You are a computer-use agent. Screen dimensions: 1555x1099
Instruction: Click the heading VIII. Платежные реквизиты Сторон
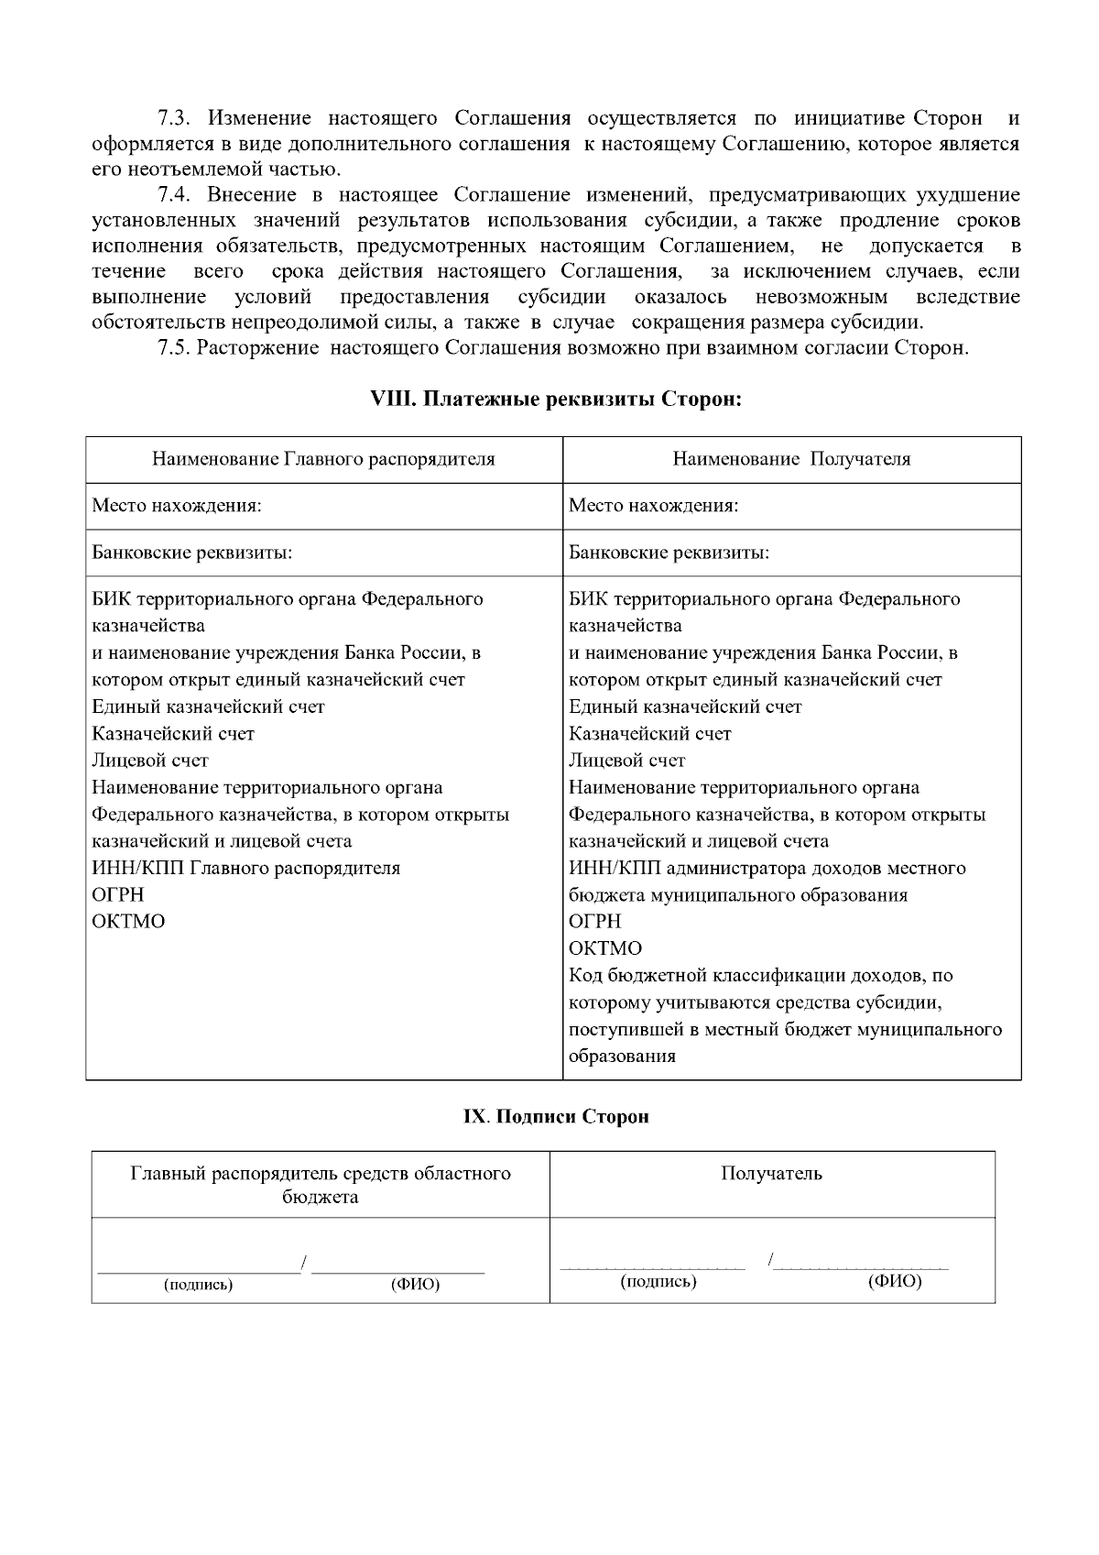coord(554,400)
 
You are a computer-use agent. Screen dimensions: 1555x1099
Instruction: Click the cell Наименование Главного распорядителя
coord(323,459)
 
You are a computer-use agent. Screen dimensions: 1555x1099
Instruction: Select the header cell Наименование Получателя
coord(791,459)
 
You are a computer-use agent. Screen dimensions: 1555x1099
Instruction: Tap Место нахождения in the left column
coord(177,506)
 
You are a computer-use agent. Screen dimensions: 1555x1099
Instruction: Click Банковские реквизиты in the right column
coord(669,553)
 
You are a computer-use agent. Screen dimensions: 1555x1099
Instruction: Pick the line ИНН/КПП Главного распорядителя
coord(246,868)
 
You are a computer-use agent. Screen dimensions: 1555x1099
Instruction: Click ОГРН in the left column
coord(118,894)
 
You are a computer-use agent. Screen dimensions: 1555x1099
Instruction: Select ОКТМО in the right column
coord(604,948)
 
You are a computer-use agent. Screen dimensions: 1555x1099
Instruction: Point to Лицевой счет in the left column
coord(150,761)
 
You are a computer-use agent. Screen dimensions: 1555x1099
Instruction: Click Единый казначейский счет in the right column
coord(685,706)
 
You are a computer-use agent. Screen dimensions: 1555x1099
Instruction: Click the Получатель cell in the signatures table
coord(771,1174)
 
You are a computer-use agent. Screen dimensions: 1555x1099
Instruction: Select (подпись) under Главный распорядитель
coord(198,1285)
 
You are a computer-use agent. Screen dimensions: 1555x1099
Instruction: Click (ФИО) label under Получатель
coord(894,1282)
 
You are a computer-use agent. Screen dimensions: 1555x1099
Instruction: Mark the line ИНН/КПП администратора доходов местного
coord(767,868)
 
